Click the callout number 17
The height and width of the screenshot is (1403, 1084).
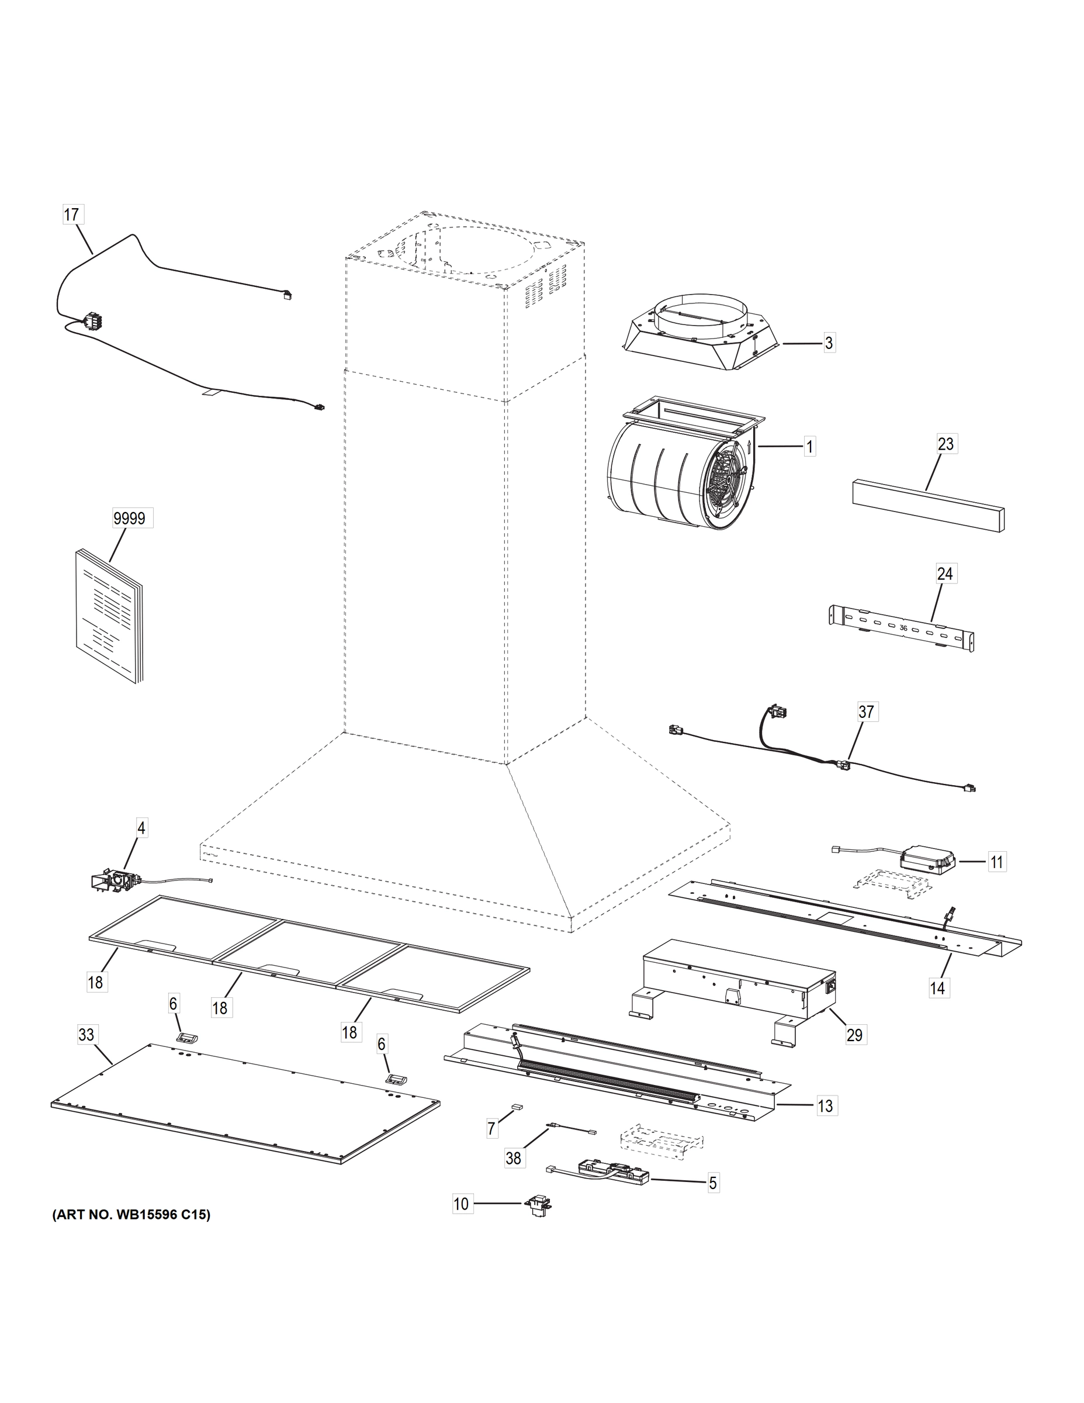click(71, 214)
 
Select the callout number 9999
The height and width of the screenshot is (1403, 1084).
click(129, 519)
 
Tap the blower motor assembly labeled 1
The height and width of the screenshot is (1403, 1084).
click(681, 469)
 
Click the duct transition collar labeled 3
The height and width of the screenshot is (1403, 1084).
click(701, 333)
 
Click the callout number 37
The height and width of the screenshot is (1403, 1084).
click(865, 712)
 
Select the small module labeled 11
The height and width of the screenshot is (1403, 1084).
click(927, 858)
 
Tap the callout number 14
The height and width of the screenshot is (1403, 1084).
click(937, 988)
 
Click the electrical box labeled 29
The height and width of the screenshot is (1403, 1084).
click(739, 983)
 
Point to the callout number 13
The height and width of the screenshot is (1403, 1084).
click(825, 1105)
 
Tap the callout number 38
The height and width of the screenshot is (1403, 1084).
click(513, 1158)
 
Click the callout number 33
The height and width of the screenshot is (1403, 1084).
click(86, 1035)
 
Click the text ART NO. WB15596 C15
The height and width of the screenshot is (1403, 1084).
click(131, 1215)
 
